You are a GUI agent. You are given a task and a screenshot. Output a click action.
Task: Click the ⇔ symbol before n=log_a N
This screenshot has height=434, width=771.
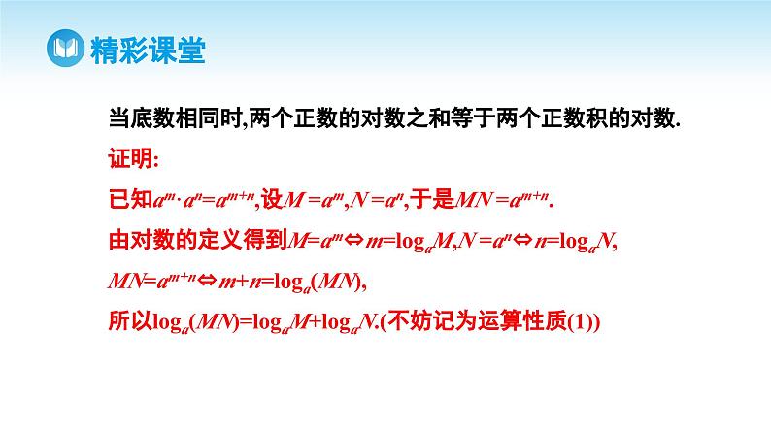pyautogui.click(x=520, y=239)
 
